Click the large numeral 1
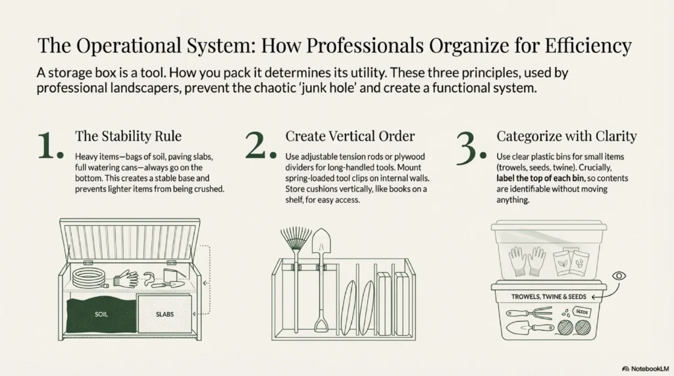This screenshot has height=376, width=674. point(50,146)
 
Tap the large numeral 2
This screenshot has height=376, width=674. point(261,146)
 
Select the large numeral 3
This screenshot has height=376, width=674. point(471,148)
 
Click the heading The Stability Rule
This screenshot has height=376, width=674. point(128,136)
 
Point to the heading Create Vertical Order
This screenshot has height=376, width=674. point(350,136)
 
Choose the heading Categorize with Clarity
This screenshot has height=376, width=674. point(567,136)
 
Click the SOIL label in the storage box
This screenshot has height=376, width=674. point(101,314)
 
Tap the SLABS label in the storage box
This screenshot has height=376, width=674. point(165,314)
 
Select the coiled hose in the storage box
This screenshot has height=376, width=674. point(90,279)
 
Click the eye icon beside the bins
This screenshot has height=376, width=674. point(619,276)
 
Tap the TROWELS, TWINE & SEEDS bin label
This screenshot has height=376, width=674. point(548,296)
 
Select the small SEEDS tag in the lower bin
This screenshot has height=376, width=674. point(582,312)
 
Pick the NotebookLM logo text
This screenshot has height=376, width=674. point(645,369)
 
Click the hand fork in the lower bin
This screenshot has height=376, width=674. point(529,313)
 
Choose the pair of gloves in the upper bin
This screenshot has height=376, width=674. point(527,261)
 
